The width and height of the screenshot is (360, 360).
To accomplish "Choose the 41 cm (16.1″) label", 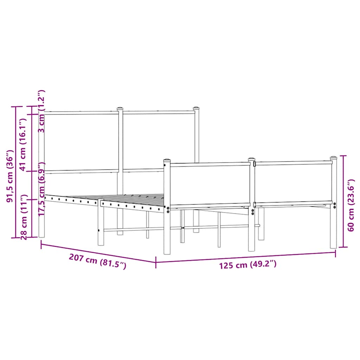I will (23, 144).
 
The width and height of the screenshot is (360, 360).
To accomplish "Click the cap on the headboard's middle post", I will (120, 109).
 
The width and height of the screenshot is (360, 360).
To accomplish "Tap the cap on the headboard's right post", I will (196, 108).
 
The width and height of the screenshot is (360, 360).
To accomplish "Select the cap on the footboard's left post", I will (167, 161).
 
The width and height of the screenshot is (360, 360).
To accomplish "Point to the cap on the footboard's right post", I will (333, 159).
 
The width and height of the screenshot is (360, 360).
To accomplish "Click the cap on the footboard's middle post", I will (251, 160).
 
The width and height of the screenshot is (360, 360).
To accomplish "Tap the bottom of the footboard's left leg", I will (167, 252).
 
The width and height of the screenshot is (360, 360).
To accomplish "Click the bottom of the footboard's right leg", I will (333, 247).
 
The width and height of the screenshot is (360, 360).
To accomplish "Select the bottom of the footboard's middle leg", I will (251, 250).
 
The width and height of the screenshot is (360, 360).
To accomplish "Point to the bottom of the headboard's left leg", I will (41, 236).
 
